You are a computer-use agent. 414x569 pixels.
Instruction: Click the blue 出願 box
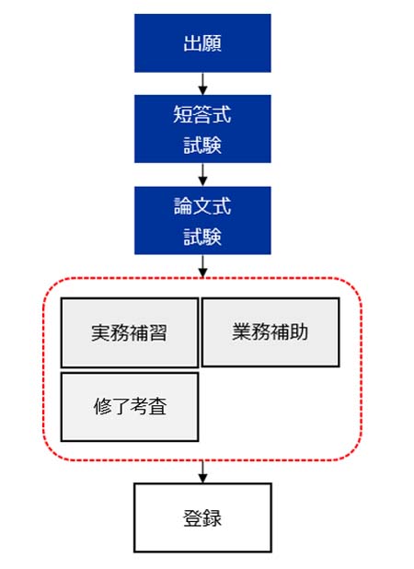(x=202, y=42)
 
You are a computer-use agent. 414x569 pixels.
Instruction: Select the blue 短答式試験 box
(x=202, y=128)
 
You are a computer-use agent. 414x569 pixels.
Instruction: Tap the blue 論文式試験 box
(x=202, y=220)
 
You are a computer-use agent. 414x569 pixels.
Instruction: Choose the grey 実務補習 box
(x=129, y=332)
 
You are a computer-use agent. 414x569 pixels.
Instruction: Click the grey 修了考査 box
(x=129, y=406)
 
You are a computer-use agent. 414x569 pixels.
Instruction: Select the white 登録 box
(x=202, y=517)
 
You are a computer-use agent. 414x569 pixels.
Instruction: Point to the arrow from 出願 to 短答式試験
(x=202, y=83)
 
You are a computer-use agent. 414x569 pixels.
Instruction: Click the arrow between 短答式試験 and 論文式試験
(x=202, y=174)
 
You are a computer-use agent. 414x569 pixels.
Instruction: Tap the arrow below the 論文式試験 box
(x=202, y=265)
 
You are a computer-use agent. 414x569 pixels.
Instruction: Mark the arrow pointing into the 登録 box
(x=202, y=471)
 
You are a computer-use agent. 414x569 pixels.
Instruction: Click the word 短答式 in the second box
(x=202, y=115)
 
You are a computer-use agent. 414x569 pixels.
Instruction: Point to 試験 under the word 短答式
(x=202, y=145)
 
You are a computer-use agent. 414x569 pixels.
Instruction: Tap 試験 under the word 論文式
(x=202, y=236)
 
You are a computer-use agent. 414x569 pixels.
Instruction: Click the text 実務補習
(x=129, y=333)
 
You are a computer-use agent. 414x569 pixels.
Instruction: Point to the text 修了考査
(x=129, y=406)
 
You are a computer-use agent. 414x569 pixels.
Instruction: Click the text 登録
(x=202, y=517)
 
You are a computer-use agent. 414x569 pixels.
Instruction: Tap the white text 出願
(x=202, y=42)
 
